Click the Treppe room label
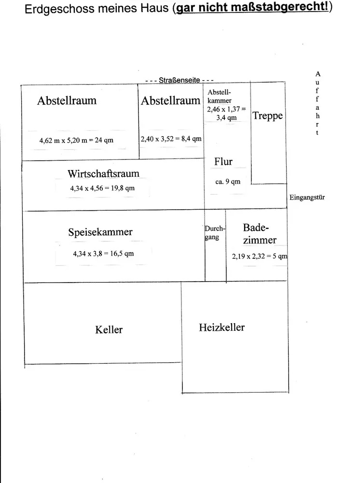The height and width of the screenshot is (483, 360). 267,116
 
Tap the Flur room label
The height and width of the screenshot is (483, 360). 223,162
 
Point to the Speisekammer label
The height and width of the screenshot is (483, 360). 100,232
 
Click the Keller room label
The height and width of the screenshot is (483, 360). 109,330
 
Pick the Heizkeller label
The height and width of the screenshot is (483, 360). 222,327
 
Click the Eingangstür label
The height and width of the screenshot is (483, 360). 307,198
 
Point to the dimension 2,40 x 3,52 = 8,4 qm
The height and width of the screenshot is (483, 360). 171,139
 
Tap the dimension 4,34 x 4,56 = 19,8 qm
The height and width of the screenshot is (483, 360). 102,188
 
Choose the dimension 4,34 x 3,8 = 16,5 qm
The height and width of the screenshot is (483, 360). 103,254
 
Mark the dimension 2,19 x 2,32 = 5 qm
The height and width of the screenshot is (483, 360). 259,256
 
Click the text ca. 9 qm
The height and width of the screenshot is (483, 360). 228,182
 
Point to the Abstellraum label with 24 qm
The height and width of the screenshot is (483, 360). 67,100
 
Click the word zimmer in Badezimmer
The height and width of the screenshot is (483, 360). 260,240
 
